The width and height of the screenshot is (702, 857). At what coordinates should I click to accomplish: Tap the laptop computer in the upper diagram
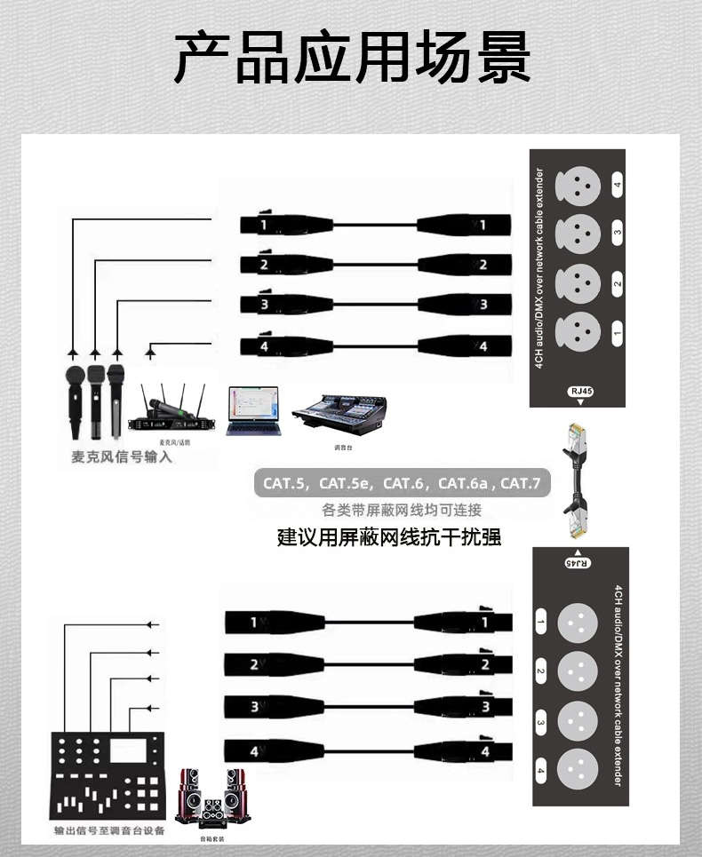[x=253, y=411]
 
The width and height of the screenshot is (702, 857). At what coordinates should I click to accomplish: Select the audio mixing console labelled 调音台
[x=340, y=415]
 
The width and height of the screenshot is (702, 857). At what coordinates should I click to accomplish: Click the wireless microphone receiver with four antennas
[x=173, y=413]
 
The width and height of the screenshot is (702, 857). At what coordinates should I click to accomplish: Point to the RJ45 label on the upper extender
[x=579, y=391]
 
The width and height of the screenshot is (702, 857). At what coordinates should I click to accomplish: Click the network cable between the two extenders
[x=575, y=480]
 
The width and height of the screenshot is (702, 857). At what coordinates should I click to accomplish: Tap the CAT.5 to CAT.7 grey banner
[x=402, y=484]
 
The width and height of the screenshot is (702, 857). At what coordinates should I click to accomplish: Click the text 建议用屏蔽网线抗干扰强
[x=389, y=537]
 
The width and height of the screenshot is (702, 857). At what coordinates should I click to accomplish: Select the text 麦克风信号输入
[x=122, y=458]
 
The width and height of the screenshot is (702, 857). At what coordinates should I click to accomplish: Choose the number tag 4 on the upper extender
[x=617, y=188]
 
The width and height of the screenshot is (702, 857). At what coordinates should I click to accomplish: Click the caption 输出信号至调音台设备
[x=109, y=832]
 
